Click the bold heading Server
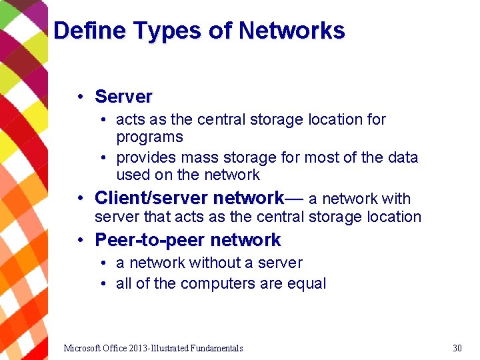(x=123, y=97)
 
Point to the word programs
(x=149, y=137)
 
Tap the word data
(x=402, y=158)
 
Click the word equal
(x=306, y=284)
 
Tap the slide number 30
(x=457, y=348)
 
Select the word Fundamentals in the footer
(x=217, y=348)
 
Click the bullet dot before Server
(x=79, y=97)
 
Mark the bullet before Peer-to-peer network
(x=79, y=241)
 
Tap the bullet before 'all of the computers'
(x=105, y=284)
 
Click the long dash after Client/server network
(x=295, y=199)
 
